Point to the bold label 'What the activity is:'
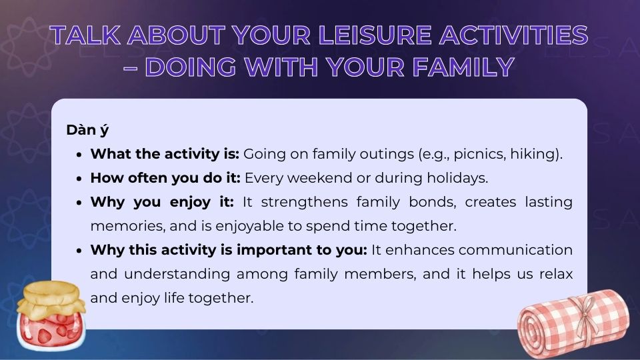(165, 154)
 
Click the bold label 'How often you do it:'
(165, 178)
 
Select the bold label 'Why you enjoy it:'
(157, 202)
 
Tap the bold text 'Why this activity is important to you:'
(229, 250)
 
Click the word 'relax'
(556, 274)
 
